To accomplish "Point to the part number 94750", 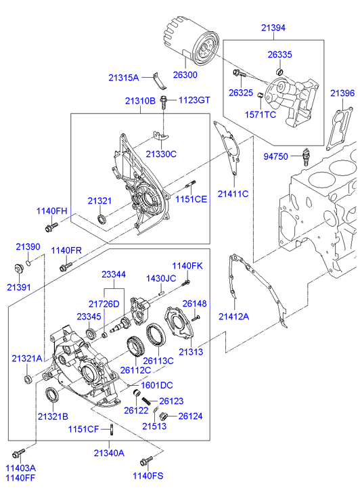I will click(276, 156).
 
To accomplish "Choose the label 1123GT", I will click(195, 100).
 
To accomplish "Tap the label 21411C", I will click(233, 194).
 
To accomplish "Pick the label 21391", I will click(20, 287).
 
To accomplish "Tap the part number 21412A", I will click(233, 316).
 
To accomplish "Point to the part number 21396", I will click(342, 92).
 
